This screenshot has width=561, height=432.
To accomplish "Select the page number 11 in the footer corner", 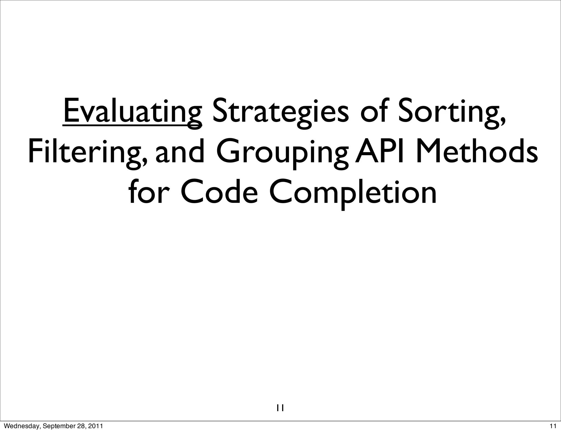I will coord(553,426).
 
